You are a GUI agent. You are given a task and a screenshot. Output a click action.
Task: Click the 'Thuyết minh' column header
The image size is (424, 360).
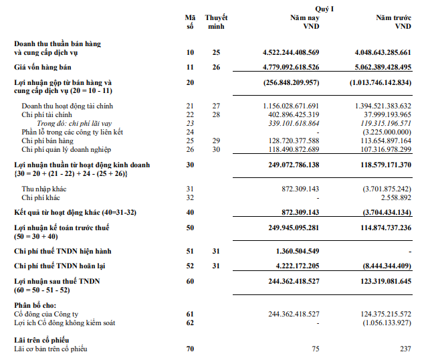217,22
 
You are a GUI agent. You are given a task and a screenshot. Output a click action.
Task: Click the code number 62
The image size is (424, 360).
189,323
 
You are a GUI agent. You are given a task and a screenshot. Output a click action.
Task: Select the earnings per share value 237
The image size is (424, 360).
405,349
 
